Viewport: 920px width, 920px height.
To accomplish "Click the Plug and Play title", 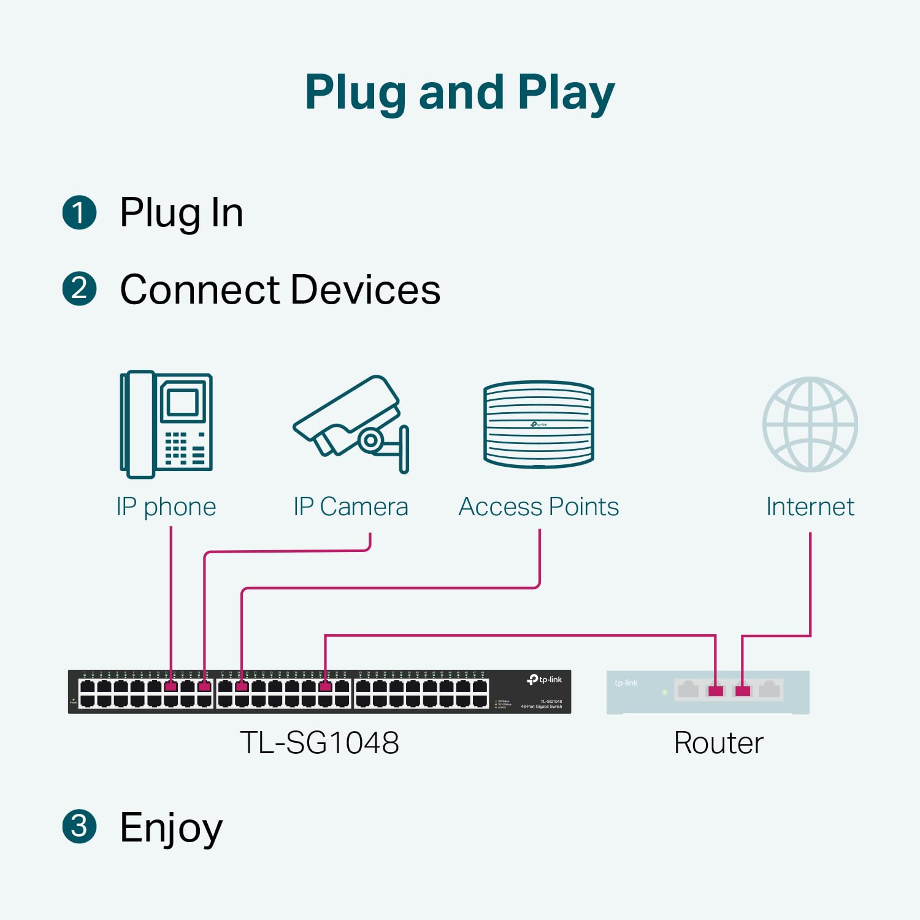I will (x=459, y=93).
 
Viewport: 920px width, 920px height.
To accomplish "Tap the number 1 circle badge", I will (x=80, y=213).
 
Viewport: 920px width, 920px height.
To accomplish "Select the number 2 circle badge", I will (x=80, y=289).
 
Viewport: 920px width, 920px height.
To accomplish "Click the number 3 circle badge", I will (x=80, y=826).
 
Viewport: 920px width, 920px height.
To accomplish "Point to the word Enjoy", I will (x=171, y=827).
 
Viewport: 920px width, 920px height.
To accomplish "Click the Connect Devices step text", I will (x=280, y=289).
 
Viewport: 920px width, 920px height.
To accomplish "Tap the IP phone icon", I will (x=166, y=424).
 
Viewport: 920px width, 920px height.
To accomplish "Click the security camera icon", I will (x=351, y=424).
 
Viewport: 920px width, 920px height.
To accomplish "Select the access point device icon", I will (x=539, y=424).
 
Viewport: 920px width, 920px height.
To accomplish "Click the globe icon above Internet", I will (x=810, y=424).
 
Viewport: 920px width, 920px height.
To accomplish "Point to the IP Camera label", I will (x=350, y=507).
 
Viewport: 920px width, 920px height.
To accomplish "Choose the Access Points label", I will (x=539, y=507).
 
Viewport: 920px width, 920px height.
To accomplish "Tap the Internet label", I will (x=810, y=507).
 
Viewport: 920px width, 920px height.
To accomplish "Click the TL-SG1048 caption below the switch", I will (x=319, y=743).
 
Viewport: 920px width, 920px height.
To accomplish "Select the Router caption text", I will (x=718, y=743).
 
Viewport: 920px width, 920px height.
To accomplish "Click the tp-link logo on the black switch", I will (x=545, y=680).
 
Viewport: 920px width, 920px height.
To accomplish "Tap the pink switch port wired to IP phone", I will (x=171, y=686).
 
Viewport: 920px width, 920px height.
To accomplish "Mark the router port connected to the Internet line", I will (x=742, y=691).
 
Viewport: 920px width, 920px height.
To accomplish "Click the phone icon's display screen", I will (x=182, y=402).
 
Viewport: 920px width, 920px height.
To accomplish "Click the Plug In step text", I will (x=182, y=213).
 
